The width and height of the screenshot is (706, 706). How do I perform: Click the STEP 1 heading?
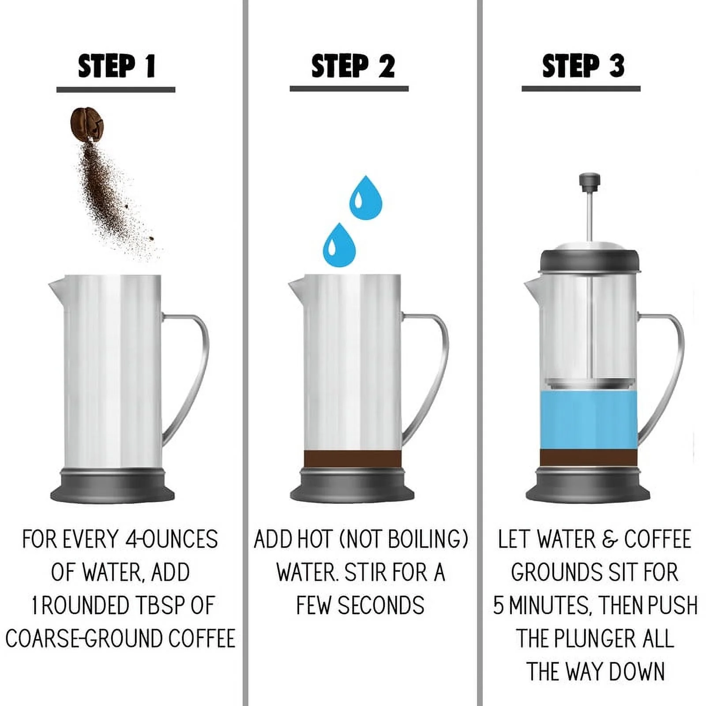(116, 66)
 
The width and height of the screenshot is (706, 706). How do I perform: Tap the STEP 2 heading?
(353, 66)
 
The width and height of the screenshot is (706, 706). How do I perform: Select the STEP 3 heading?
(583, 66)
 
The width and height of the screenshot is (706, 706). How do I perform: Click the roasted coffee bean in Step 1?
(87, 124)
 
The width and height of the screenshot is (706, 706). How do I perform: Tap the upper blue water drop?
(365, 199)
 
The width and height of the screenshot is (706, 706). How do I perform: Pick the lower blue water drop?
(339, 246)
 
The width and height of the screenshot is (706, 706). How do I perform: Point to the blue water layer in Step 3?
(589, 421)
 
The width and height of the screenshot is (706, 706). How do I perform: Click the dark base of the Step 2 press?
(352, 485)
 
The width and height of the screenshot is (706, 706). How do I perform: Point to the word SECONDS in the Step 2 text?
(381, 605)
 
